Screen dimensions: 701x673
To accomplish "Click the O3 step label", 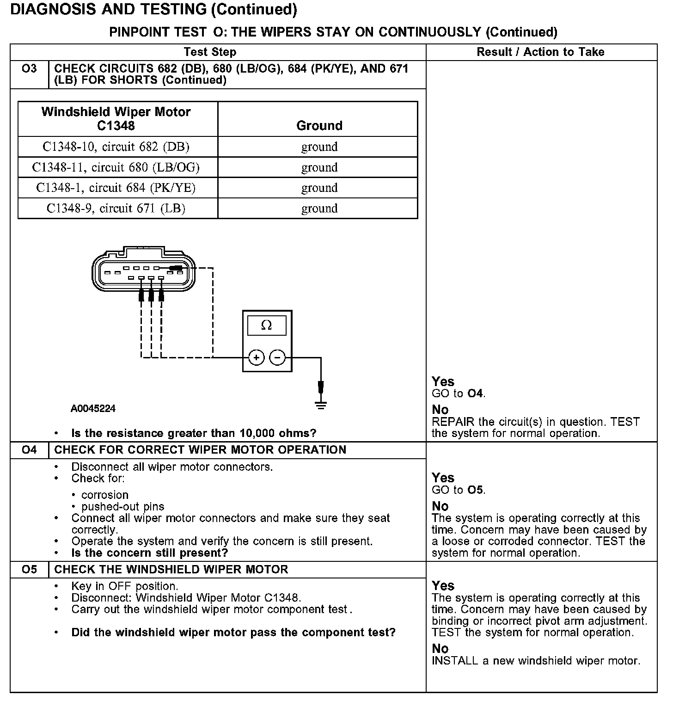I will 29,69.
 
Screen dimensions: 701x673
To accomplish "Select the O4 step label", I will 29,450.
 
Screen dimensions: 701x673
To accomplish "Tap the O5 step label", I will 29,569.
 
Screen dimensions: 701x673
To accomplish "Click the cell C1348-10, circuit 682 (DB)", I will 116,147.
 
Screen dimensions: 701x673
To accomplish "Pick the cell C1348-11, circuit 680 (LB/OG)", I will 116,167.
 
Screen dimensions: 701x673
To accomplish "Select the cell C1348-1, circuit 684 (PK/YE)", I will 116,188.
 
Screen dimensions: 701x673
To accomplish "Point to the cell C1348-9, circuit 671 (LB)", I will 116,208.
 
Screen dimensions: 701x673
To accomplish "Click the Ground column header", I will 319,125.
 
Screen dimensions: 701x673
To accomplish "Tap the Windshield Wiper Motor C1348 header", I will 116,118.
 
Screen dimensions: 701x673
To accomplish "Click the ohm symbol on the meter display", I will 267,326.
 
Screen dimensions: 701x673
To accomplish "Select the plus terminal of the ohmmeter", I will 256,357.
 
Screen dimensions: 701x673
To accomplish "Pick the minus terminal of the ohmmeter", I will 277,357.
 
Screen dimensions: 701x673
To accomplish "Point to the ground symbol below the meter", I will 321,405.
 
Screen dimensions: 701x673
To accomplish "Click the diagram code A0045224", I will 93,409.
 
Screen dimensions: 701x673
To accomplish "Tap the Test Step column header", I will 210,52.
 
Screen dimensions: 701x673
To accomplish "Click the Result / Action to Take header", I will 540,52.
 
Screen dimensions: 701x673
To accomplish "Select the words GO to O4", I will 459,394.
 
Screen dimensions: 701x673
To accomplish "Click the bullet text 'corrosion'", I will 104,495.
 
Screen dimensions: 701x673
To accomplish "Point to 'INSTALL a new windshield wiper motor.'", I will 536,661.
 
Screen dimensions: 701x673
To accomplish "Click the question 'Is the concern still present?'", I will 150,553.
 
